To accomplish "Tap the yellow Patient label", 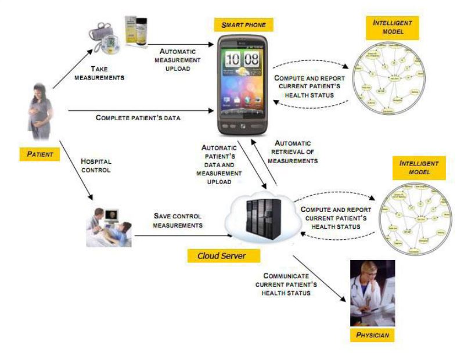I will (x=40, y=154).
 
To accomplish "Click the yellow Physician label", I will (x=372, y=336).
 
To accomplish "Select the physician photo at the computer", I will (x=372, y=293).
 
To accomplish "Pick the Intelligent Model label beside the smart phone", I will (x=393, y=26).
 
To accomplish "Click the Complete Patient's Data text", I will (x=138, y=118).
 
